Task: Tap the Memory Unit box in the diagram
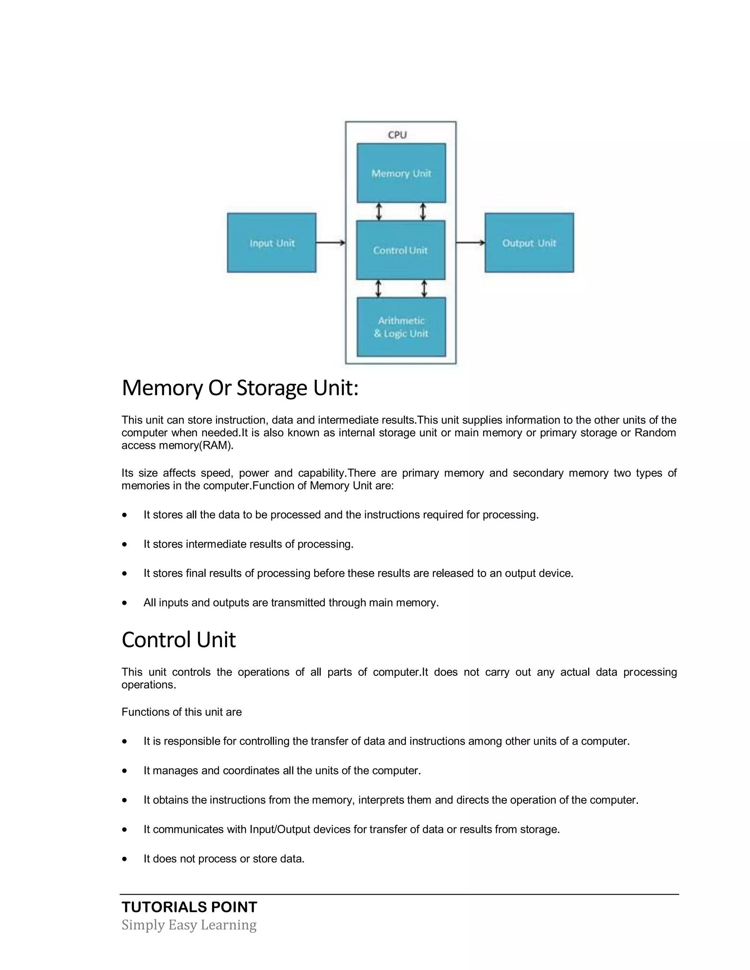click(401, 173)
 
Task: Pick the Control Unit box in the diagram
click(400, 250)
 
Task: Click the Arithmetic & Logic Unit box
click(401, 327)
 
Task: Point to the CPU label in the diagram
click(397, 135)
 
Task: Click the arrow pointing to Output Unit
click(470, 242)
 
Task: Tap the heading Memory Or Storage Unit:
click(240, 388)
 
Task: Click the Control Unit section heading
click(179, 639)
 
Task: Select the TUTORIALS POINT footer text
click(189, 907)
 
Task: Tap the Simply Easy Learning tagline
click(189, 925)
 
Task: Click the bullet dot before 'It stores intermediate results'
click(125, 544)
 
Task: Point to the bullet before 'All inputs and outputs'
click(125, 603)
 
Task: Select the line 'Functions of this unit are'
click(181, 712)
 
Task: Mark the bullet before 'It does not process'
click(125, 858)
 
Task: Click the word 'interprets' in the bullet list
click(381, 800)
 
